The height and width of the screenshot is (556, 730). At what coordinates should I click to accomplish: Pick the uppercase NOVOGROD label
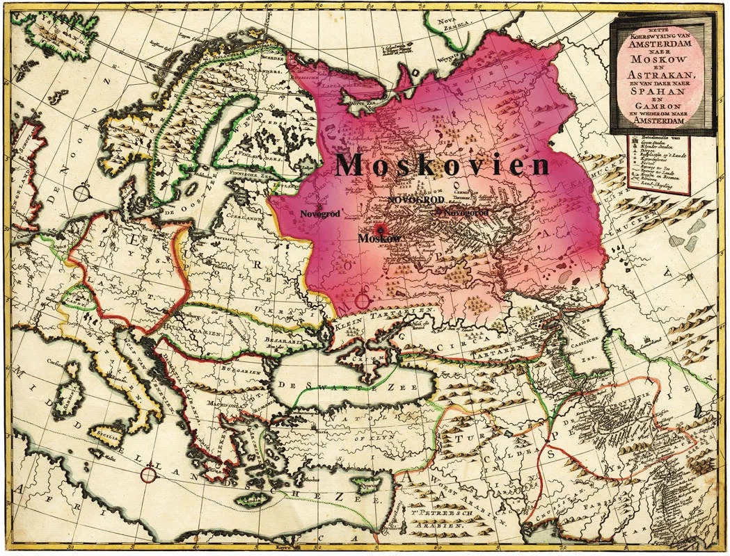pyautogui.click(x=415, y=199)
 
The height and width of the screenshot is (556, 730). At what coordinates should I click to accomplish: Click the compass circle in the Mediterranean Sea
pyautogui.click(x=148, y=475)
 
